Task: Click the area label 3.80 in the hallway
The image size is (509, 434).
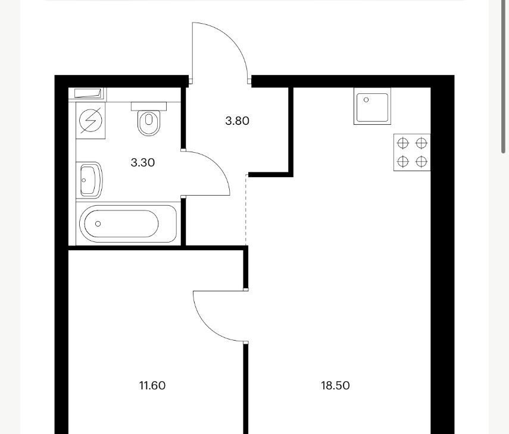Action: tap(238, 121)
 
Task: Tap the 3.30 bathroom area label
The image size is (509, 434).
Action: tap(142, 162)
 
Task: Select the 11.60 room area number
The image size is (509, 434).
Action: tap(152, 385)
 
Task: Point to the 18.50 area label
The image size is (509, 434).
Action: tap(335, 385)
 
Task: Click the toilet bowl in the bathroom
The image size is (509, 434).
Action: tap(149, 122)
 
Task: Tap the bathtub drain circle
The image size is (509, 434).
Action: tap(98, 224)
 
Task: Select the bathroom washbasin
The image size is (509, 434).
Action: tap(89, 180)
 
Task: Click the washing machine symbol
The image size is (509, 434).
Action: tap(90, 121)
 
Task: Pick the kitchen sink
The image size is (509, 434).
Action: tap(372, 106)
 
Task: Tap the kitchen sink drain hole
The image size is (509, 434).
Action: tap(366, 100)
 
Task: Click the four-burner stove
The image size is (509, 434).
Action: tap(412, 152)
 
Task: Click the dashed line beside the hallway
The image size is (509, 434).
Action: tap(246, 210)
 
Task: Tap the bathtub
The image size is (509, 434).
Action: tap(128, 224)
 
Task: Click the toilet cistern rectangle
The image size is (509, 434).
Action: tap(149, 106)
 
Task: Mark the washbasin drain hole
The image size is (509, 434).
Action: tap(84, 180)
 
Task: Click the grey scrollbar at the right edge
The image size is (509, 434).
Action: tap(504, 77)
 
